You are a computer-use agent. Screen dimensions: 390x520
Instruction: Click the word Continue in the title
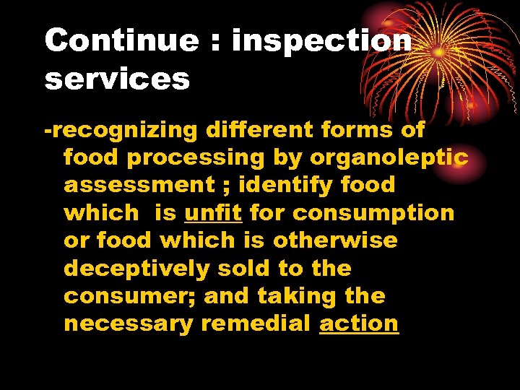pyautogui.click(x=121, y=41)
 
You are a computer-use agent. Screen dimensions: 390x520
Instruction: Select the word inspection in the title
pyautogui.click(x=321, y=41)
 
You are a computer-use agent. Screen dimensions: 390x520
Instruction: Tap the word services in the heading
pyautogui.click(x=117, y=79)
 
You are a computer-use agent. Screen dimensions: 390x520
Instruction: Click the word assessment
pyautogui.click(x=139, y=185)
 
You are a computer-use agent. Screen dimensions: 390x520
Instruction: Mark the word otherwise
pyautogui.click(x=335, y=240)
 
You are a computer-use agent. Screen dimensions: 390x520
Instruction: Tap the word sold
pyautogui.click(x=248, y=268)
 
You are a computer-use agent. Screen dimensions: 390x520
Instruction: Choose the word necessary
pyautogui.click(x=129, y=324)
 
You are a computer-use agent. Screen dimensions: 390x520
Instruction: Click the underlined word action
pyautogui.click(x=359, y=324)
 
